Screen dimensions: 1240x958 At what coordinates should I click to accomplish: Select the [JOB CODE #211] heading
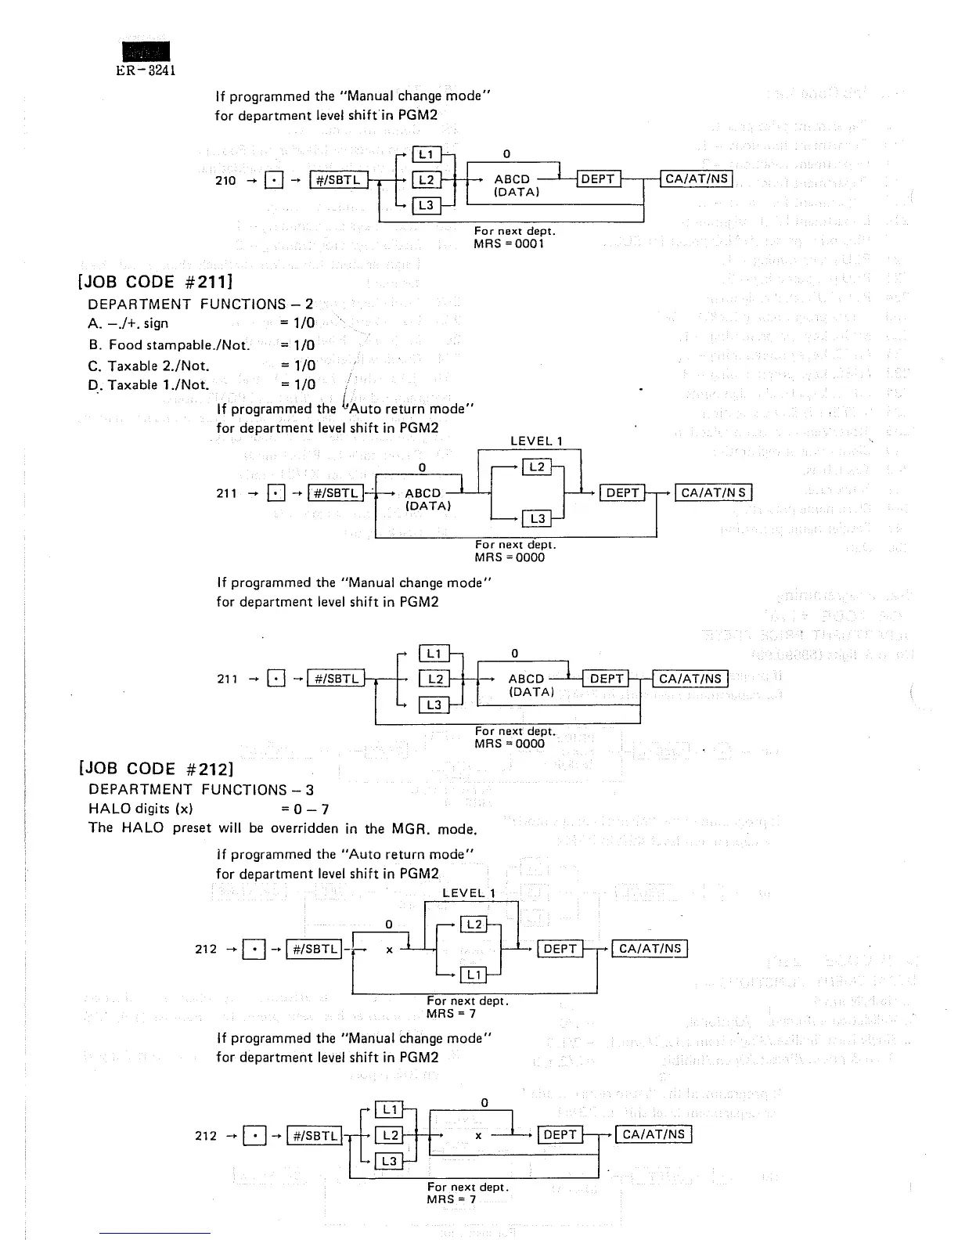click(x=156, y=281)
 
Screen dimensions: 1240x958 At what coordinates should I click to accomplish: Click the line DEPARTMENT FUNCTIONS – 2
click(x=200, y=304)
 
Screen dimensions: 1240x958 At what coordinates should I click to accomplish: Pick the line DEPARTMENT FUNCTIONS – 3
click(x=201, y=789)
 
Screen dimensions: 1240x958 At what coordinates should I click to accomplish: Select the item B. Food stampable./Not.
click(x=169, y=344)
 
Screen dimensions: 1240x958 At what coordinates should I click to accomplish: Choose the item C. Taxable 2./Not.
click(x=149, y=365)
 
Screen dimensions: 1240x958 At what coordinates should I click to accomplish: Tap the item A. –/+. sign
click(x=128, y=323)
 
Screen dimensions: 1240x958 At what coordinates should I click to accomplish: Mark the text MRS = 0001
click(x=509, y=243)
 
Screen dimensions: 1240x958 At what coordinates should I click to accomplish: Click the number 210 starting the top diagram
click(x=225, y=180)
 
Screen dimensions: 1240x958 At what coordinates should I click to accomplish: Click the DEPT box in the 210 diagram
click(x=598, y=179)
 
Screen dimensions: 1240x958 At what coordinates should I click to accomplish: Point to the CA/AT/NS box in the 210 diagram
click(x=696, y=179)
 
